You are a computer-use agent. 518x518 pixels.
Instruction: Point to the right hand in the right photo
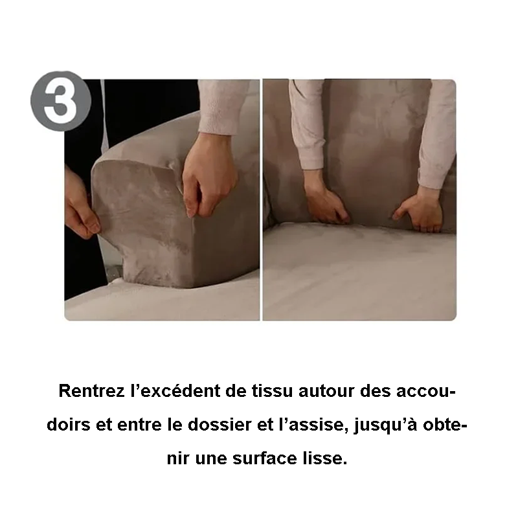pyautogui.click(x=422, y=210)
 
